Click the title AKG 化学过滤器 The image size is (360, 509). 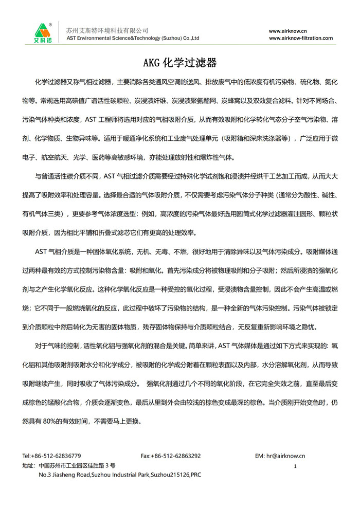click(179, 63)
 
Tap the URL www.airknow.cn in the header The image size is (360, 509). click(288, 30)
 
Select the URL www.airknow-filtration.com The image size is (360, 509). click(300, 38)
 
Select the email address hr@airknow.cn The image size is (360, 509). click(286, 456)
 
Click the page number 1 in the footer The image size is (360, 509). click(295, 466)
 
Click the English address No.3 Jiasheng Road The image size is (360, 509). click(119, 475)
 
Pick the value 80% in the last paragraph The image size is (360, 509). click(67, 420)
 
